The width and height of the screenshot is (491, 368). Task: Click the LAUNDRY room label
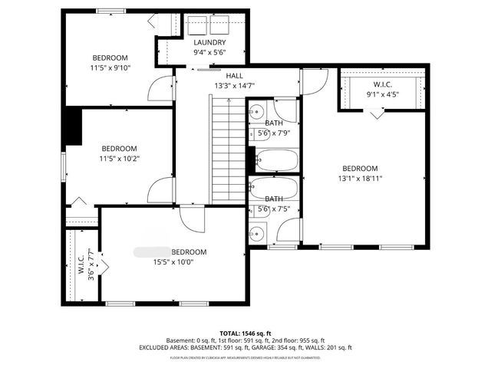tap(209, 42)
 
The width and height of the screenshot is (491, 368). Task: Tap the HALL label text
tap(234, 76)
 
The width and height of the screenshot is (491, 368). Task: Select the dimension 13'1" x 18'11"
tap(360, 178)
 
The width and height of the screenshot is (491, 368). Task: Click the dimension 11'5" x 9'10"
tap(110, 67)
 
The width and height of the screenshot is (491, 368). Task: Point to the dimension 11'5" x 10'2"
tap(119, 158)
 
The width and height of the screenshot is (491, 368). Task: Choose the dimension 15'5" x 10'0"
tap(173, 261)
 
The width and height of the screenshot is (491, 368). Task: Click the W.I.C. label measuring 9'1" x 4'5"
tap(383, 84)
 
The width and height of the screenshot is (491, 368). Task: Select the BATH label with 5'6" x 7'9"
tap(274, 123)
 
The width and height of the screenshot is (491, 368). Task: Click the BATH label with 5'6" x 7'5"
tap(274, 199)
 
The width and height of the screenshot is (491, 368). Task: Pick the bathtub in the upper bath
tap(275, 160)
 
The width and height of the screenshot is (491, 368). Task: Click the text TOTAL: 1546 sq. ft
tap(245, 333)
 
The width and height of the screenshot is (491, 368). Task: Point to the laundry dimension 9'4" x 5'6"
tap(209, 52)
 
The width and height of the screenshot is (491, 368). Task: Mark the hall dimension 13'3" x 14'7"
tap(234, 86)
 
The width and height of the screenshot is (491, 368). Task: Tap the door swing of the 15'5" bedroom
tap(194, 219)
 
